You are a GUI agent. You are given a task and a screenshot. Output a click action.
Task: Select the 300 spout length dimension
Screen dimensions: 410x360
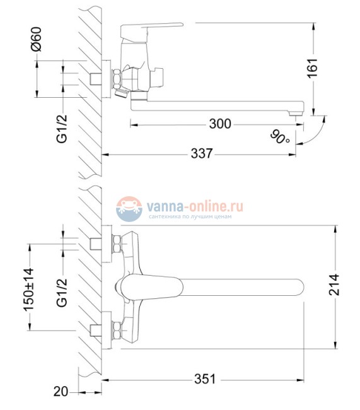219,124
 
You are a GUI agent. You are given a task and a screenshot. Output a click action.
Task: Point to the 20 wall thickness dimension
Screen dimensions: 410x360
60,392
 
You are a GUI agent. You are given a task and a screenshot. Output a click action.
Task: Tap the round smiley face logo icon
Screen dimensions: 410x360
129,208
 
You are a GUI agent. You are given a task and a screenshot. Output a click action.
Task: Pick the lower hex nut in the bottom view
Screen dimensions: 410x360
117,329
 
